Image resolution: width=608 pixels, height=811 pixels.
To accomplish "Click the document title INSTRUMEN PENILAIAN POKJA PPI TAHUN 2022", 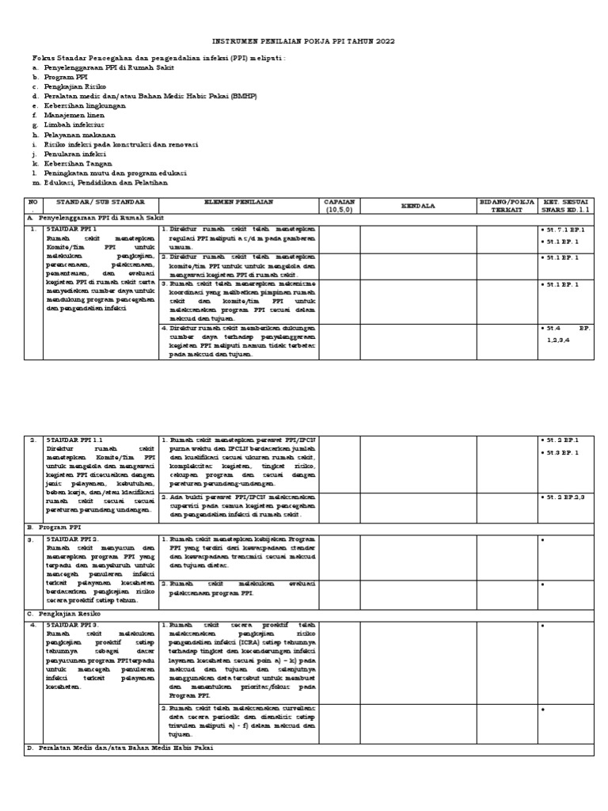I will [304, 40].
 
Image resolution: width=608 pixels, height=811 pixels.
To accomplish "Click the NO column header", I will [32, 203].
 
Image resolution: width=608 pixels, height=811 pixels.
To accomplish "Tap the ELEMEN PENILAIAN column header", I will [239, 203].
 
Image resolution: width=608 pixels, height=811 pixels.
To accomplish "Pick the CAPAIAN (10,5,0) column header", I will [340, 207].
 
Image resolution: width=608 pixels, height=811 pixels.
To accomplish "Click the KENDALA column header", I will [420, 205].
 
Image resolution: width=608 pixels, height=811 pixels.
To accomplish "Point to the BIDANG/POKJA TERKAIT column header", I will [507, 207].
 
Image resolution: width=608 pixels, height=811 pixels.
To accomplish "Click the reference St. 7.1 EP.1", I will [563, 229].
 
